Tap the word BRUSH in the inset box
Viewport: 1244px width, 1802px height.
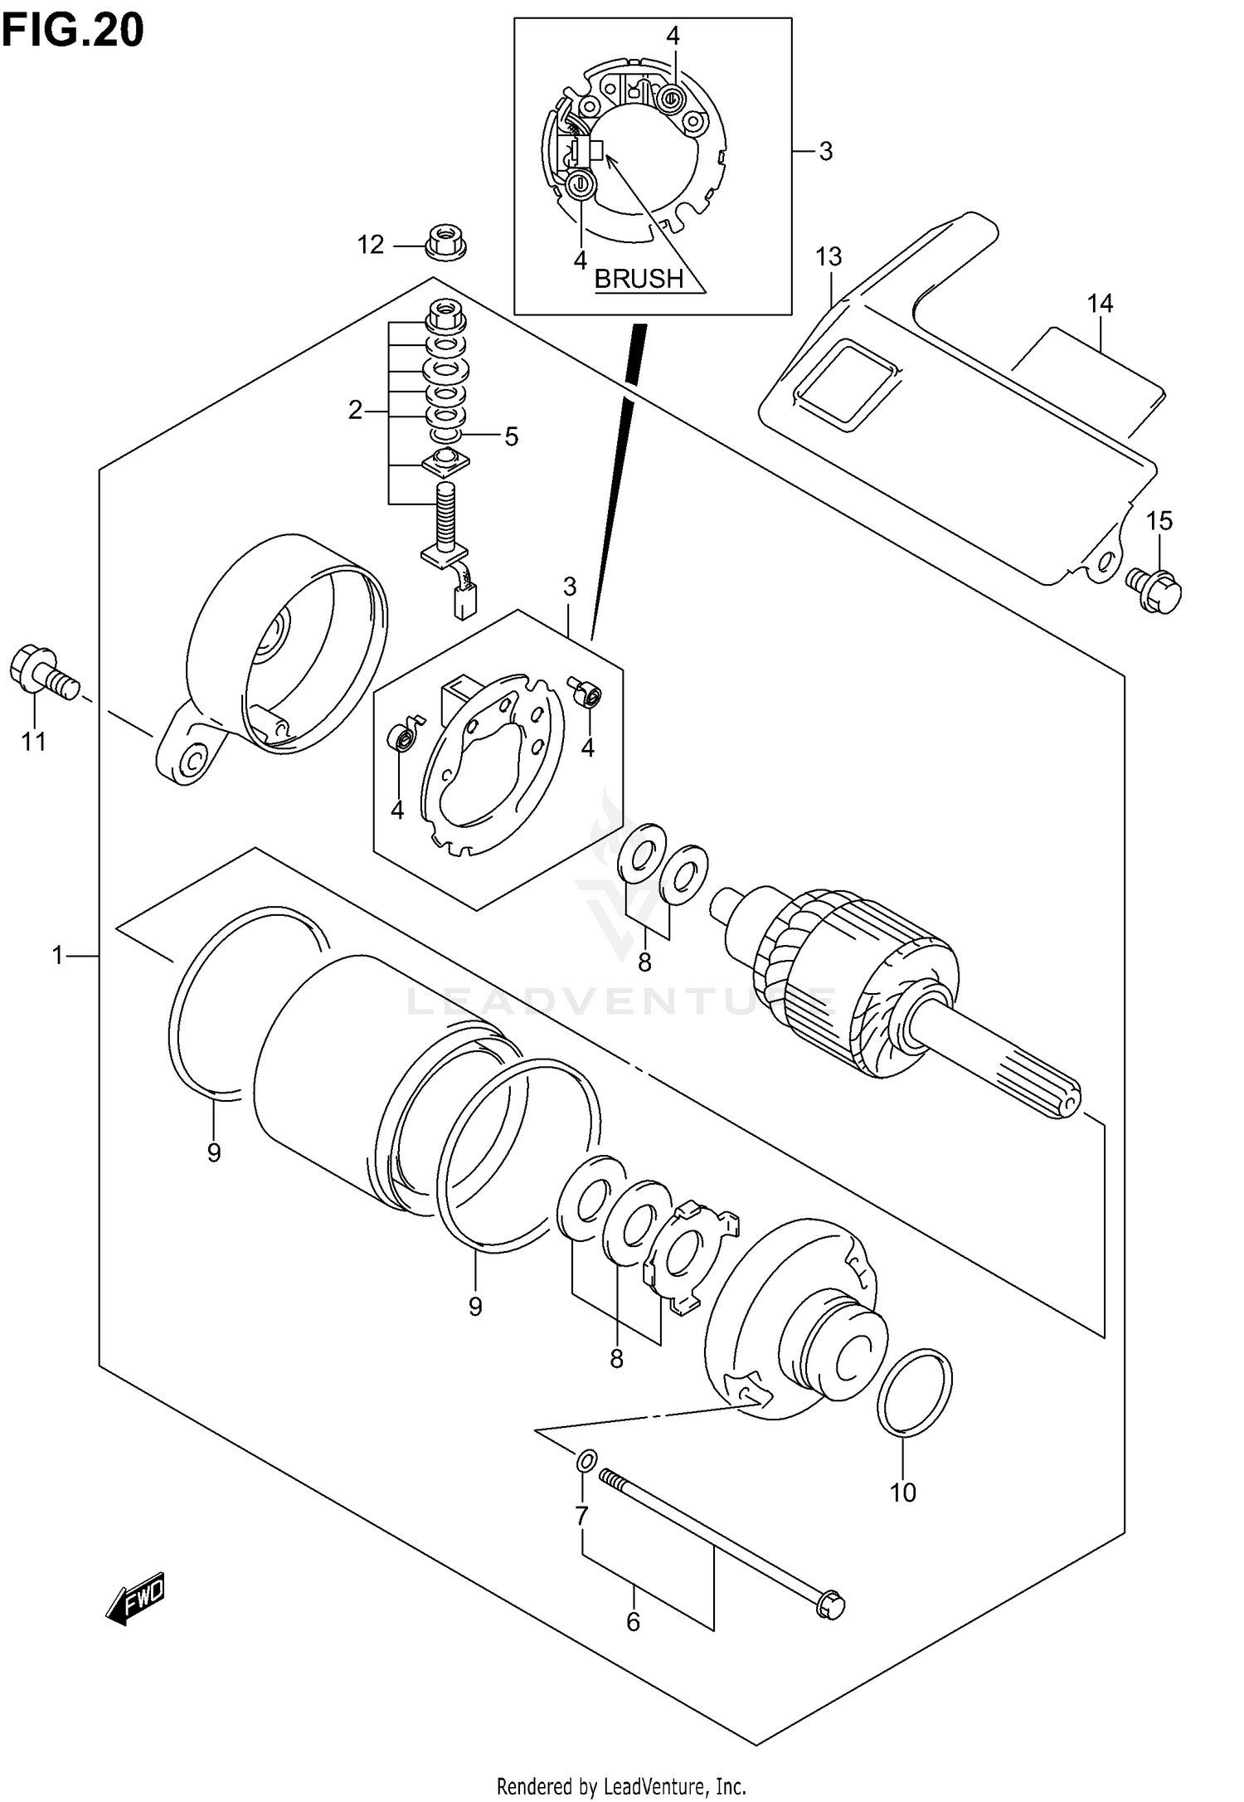(x=639, y=279)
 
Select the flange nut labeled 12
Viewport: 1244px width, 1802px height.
(x=445, y=242)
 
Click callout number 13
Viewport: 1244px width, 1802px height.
(x=829, y=257)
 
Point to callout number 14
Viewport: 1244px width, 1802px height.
(x=1100, y=304)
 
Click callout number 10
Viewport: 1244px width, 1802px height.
(x=902, y=1493)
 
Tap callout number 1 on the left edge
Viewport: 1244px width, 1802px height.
(x=57, y=957)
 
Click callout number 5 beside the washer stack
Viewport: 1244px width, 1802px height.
(x=511, y=436)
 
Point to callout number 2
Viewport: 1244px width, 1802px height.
(x=355, y=410)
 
